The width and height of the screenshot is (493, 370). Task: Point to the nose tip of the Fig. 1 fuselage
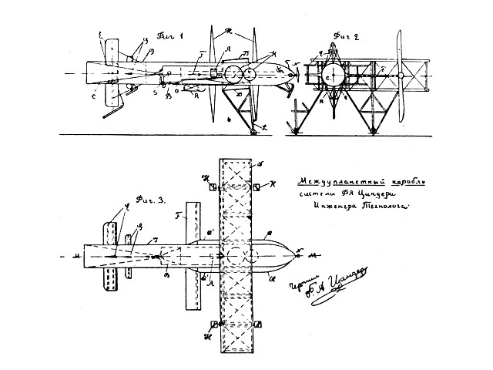[295, 75]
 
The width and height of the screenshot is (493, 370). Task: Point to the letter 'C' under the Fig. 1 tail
[94, 96]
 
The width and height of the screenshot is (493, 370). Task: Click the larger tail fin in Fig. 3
[109, 254]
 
